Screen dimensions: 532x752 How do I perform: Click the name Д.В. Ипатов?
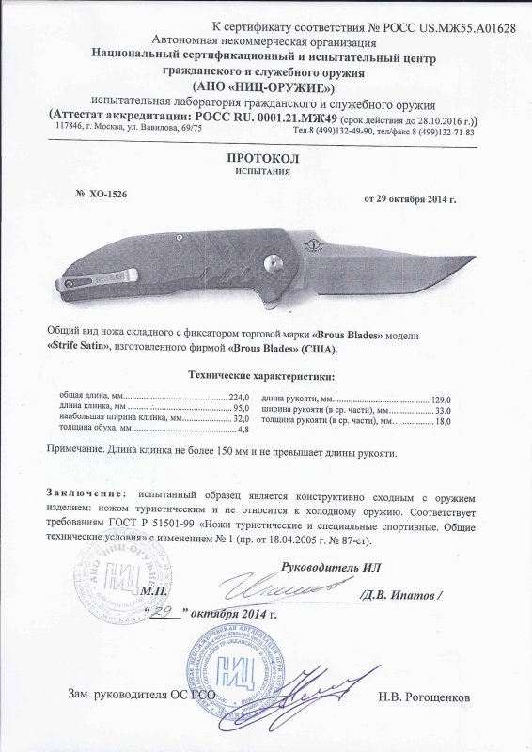coord(405,595)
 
